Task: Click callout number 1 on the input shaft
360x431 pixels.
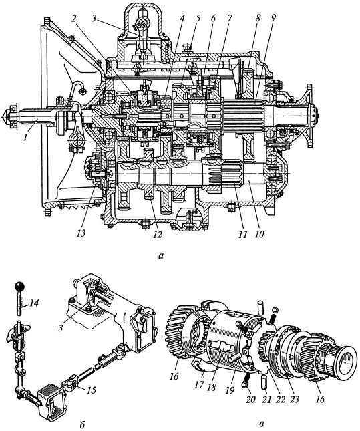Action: click(x=25, y=136)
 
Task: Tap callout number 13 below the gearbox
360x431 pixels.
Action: click(x=81, y=233)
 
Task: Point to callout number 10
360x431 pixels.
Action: click(x=259, y=234)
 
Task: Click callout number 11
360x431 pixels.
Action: click(x=242, y=234)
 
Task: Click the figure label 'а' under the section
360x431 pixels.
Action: click(x=161, y=256)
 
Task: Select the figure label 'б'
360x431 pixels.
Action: click(x=82, y=426)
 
